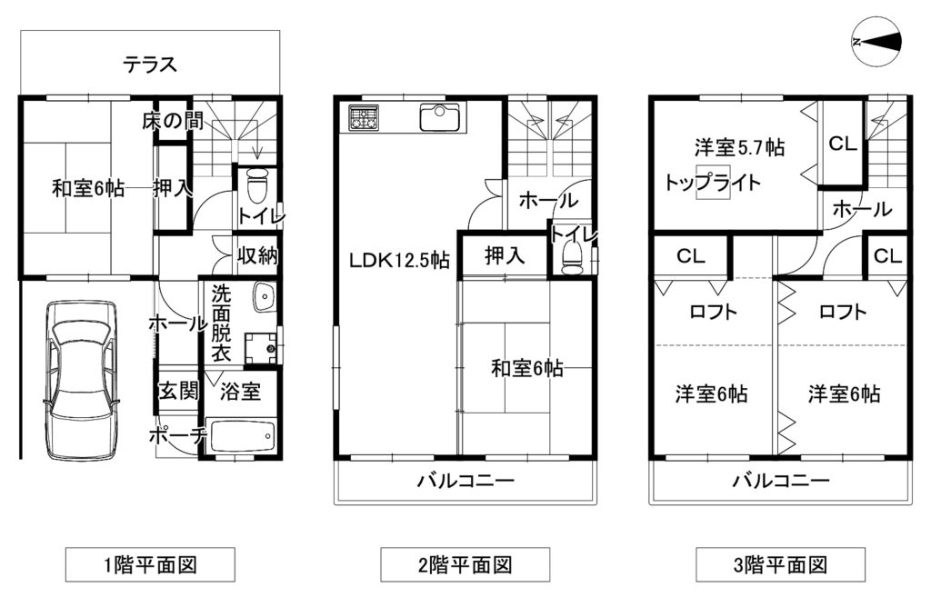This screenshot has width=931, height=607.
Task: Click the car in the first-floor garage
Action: pyautogui.click(x=81, y=381)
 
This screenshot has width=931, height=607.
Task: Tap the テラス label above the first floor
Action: pyautogui.click(x=150, y=65)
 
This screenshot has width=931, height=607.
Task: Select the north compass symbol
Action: pyautogui.click(x=876, y=41)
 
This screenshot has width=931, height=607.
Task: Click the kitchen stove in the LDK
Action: pyautogui.click(x=364, y=117)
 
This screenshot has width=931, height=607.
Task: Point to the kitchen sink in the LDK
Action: pyautogui.click(x=439, y=117)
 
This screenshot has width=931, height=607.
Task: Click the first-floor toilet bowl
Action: pyautogui.click(x=257, y=186)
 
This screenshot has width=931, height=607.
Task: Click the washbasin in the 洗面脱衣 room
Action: pyautogui.click(x=263, y=297)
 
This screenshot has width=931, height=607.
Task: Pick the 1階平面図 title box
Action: pyautogui.click(x=150, y=564)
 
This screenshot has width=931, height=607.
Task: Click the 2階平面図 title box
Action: pyautogui.click(x=465, y=564)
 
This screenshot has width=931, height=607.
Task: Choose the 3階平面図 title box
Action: pyautogui.click(x=780, y=564)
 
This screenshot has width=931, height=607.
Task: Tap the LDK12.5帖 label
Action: pyautogui.click(x=399, y=260)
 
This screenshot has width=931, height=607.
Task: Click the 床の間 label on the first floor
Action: pyautogui.click(x=173, y=121)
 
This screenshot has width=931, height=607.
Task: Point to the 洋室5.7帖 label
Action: pyautogui.click(x=739, y=147)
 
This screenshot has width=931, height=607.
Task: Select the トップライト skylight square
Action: pyautogui.click(x=713, y=182)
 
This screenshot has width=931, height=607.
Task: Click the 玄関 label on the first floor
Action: pyautogui.click(x=177, y=391)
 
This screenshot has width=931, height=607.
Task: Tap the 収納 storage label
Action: pyautogui.click(x=257, y=255)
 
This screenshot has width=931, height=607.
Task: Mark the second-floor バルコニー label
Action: pyautogui.click(x=465, y=480)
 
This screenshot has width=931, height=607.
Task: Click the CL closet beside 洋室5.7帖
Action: pyautogui.click(x=843, y=143)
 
